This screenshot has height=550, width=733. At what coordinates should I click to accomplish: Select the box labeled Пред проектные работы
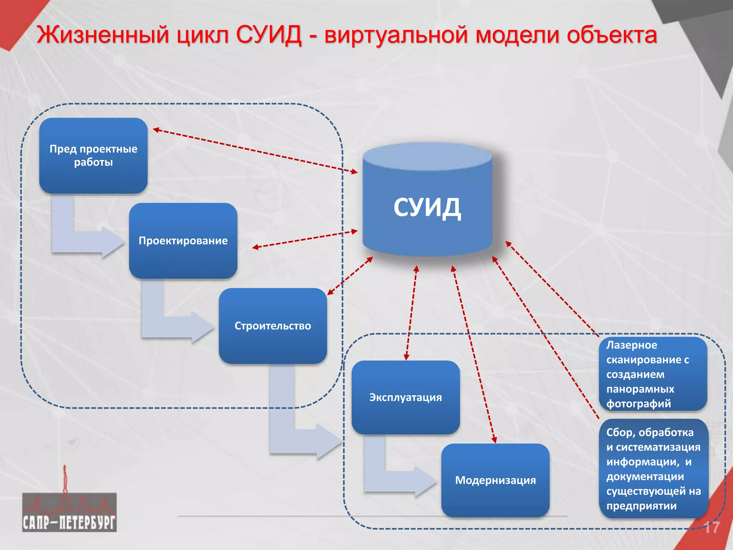click(93, 156)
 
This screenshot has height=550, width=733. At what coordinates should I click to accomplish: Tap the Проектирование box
click(183, 241)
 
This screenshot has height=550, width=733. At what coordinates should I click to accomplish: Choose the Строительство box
click(273, 326)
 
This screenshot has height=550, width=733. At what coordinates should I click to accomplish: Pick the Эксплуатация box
click(406, 397)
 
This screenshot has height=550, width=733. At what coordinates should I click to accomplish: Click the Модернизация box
click(495, 480)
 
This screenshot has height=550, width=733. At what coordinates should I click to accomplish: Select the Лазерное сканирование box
click(653, 374)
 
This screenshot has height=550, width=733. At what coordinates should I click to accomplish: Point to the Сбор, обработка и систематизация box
click(654, 469)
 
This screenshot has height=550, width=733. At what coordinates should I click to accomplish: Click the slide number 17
click(711, 528)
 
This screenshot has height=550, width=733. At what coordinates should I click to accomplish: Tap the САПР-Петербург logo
click(69, 512)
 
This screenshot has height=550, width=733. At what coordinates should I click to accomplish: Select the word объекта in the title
click(612, 35)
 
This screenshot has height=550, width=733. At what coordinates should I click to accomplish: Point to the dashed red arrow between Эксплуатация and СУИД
click(411, 313)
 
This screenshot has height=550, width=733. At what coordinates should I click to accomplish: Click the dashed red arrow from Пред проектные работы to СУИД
click(255, 151)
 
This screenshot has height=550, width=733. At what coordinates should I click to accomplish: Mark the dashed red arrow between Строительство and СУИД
click(350, 276)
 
